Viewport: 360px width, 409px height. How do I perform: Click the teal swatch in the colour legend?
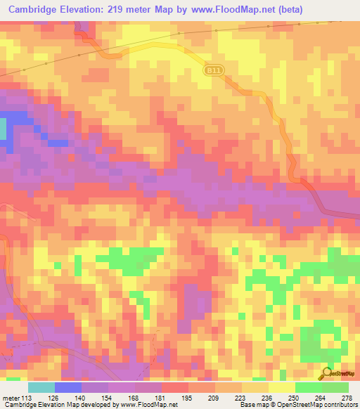[41, 387]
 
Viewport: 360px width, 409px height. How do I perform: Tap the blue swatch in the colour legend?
[68, 387]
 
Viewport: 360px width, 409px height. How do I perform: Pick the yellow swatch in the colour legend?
[281, 387]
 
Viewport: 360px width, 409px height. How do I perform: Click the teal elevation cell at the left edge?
[3, 129]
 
